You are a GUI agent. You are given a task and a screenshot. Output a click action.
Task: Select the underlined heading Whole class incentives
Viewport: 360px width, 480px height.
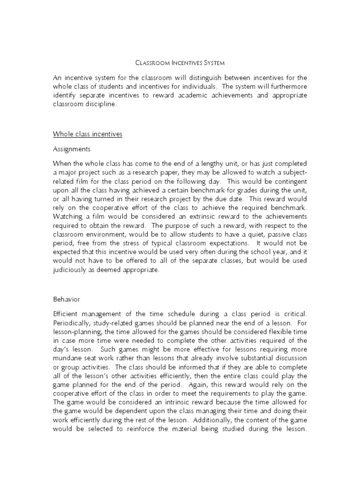coord(88,134)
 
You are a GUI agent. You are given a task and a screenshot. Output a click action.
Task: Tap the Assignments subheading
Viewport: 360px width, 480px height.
coord(72,150)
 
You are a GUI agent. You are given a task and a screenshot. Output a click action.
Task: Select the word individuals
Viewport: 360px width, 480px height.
coord(195,86)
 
